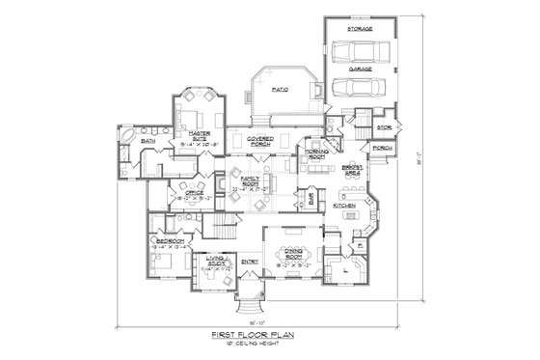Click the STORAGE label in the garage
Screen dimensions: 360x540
(x=361, y=30)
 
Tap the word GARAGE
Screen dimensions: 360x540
(x=361, y=70)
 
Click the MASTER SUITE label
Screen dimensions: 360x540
(x=201, y=134)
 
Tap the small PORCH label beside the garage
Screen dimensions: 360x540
(x=382, y=148)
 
